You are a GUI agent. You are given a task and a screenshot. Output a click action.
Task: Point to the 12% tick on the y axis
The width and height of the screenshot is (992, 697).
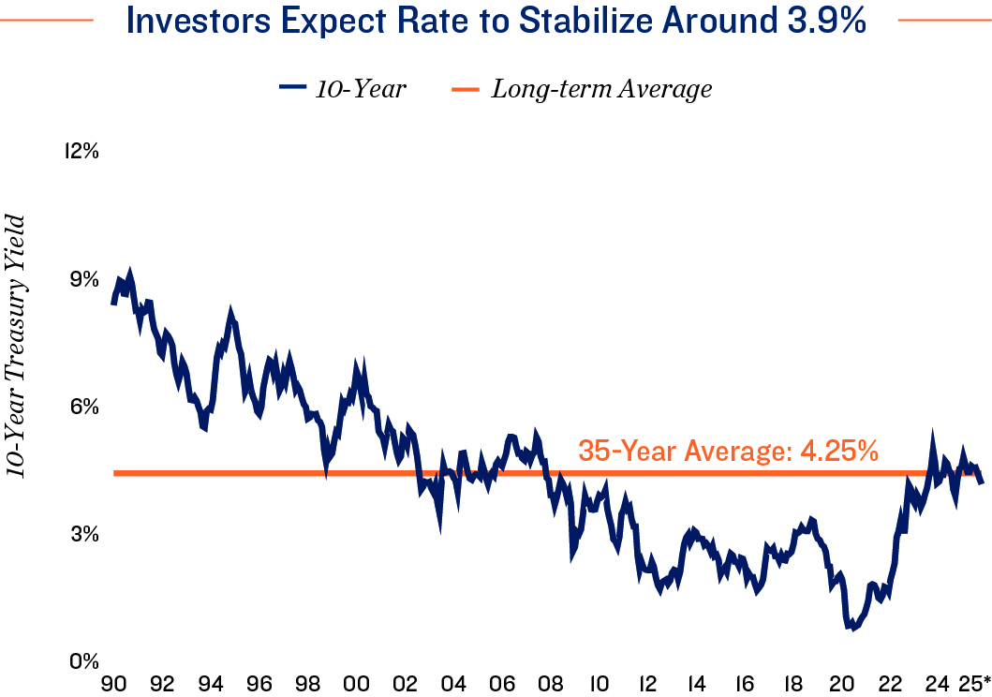pos(81,151)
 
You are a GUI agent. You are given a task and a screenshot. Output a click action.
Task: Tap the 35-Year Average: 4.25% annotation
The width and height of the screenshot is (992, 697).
pos(728,451)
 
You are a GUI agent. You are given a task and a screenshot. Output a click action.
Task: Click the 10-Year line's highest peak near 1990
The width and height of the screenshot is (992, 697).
pos(130,272)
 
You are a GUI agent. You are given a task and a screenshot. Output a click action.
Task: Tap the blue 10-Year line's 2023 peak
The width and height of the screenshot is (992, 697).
pos(932,436)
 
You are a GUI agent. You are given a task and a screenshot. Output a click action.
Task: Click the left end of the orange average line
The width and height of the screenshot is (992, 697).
pos(115,473)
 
